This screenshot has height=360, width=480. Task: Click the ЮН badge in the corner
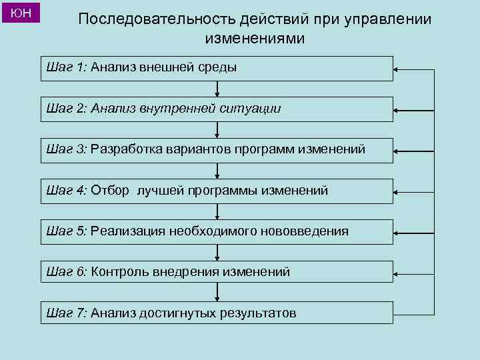pos(22,13)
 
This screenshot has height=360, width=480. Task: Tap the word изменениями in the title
pos(255,39)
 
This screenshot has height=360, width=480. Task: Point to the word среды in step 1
pos(220,67)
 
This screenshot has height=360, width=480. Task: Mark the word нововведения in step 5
pos(306,231)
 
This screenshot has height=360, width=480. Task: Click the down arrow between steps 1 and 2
pos(217,89)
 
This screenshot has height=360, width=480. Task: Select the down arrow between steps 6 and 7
pos(217,294)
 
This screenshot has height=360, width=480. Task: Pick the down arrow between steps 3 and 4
pos(217,171)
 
